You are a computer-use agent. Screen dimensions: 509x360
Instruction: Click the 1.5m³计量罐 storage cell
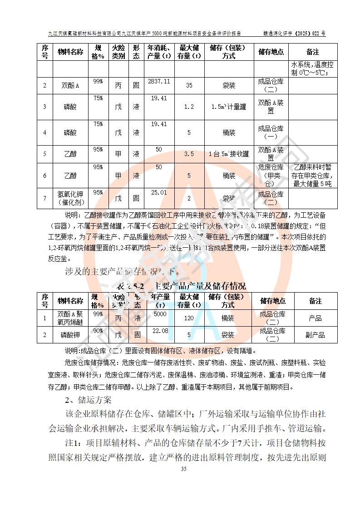(229, 107)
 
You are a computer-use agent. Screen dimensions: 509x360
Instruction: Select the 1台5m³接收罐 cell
(229, 154)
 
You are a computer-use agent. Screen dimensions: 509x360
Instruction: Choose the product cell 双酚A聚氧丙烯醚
(70, 318)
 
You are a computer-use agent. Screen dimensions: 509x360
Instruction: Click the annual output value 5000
(160, 314)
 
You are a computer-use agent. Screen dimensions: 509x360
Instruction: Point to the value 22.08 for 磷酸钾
(160, 331)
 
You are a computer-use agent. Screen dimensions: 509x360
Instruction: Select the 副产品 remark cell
(316, 335)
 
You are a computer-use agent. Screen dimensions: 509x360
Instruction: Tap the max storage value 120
(189, 318)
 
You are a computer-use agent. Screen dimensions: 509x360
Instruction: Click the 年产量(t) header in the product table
(160, 301)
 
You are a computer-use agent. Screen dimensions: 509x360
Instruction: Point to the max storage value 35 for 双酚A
(189, 85)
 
